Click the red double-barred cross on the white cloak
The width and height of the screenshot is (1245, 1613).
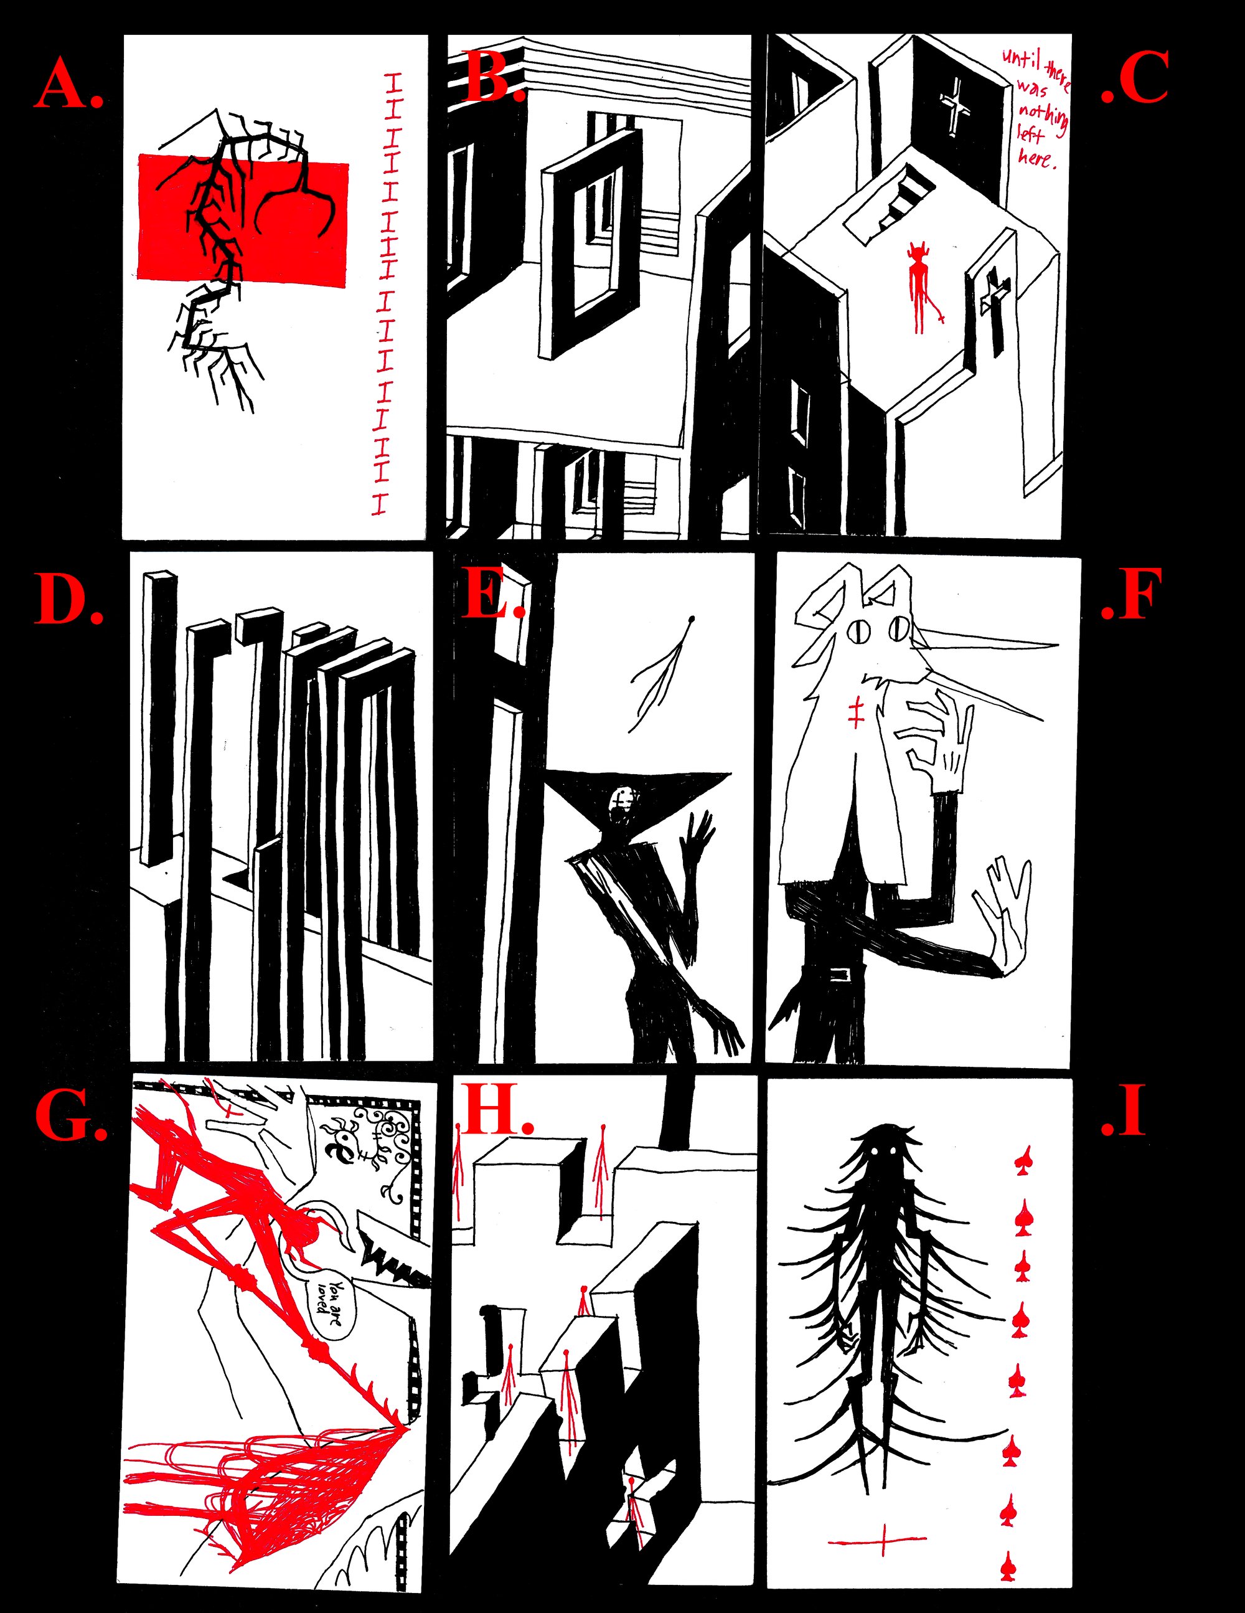(856, 711)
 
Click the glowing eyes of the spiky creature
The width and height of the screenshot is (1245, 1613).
(885, 1153)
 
